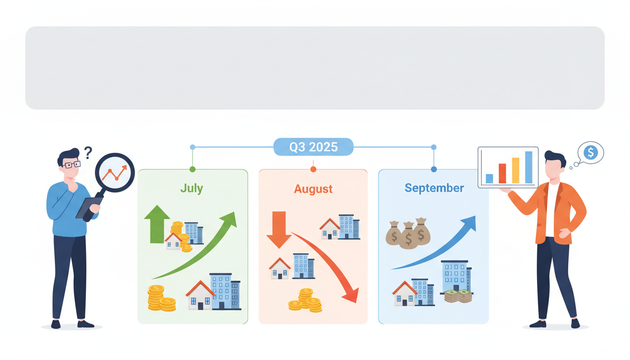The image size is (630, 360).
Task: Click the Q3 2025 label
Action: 313,147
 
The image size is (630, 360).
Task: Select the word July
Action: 192,188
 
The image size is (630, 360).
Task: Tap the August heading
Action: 313,189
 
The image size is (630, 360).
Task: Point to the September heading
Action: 434,188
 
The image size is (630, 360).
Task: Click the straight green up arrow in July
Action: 157,225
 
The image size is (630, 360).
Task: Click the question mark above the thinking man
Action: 88,152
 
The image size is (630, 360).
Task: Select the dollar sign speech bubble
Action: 591,152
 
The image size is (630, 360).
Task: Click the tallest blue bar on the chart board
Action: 529,167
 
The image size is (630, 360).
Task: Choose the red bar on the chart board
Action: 502,173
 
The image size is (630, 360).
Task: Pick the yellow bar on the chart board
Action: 516,170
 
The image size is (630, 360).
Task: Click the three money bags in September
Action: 408,233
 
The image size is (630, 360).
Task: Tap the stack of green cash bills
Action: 458,296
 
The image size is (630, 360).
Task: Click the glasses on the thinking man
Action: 71,165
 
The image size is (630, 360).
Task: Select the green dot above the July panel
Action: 192,169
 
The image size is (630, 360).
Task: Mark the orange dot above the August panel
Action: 313,169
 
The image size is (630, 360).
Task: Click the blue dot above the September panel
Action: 434,169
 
